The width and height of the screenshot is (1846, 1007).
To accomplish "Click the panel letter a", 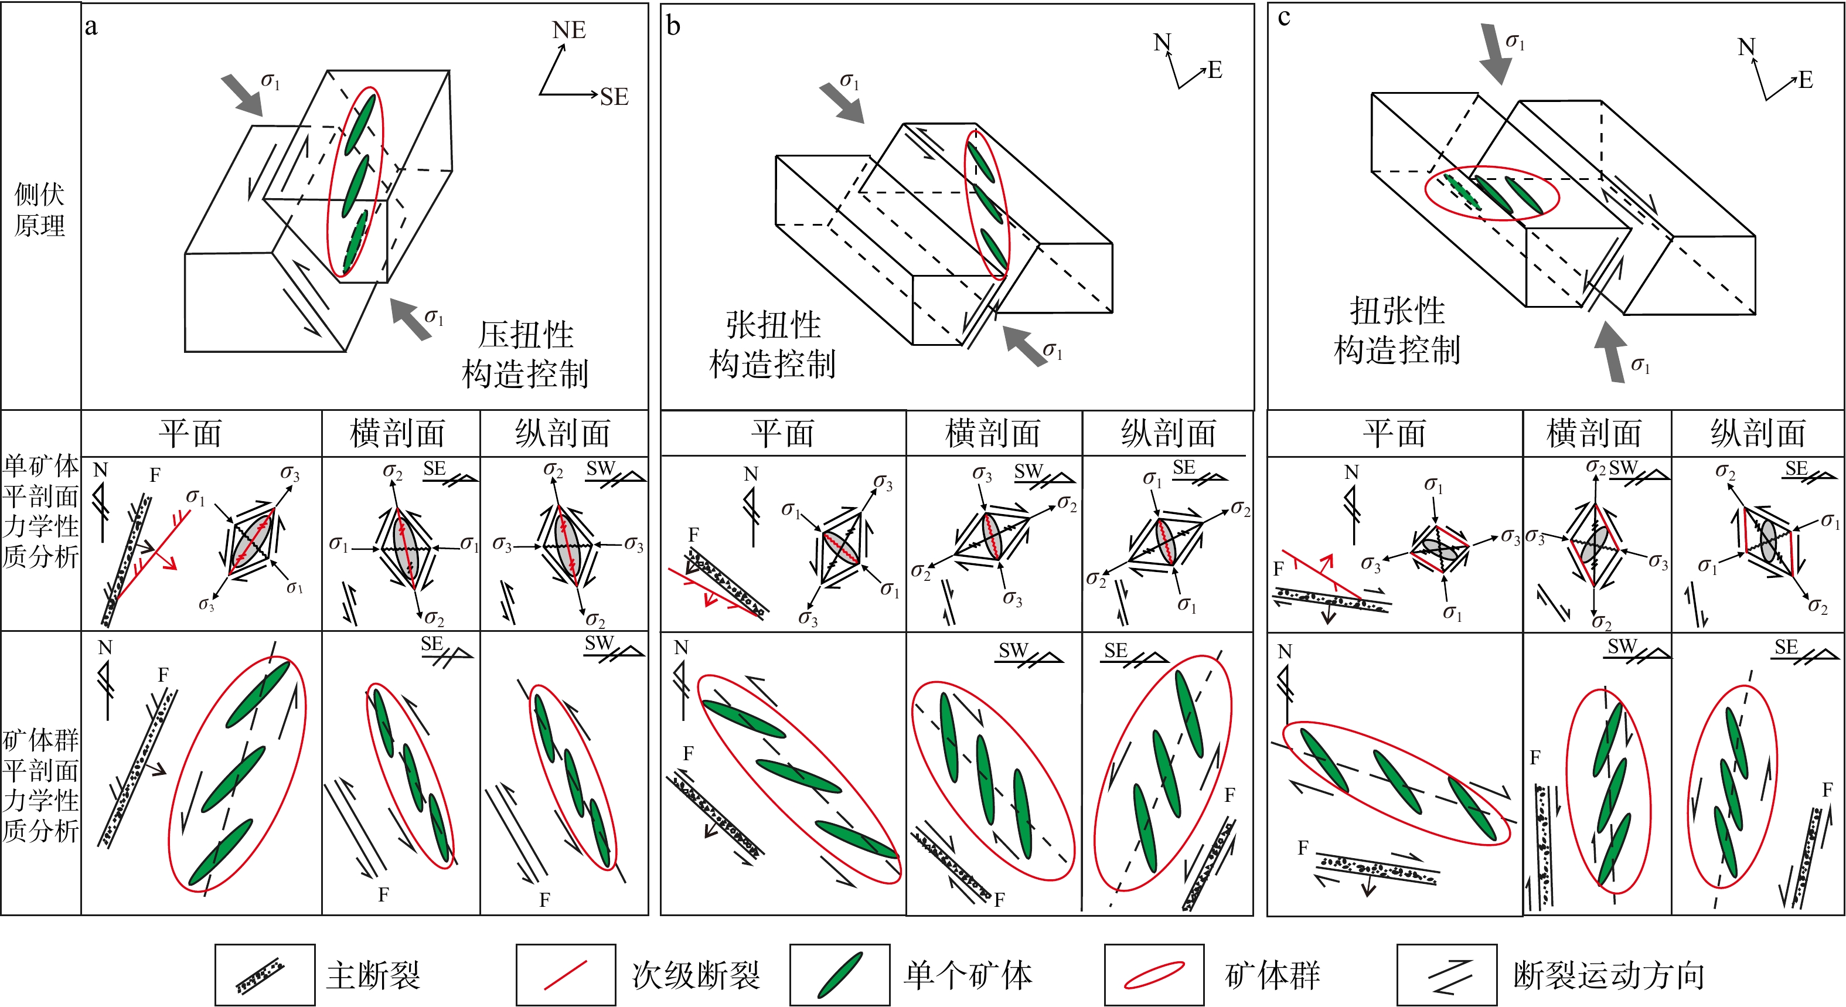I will click(x=91, y=26).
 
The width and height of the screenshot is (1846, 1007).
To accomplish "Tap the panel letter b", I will click(x=672, y=26).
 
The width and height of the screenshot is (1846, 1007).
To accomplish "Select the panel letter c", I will click(x=1283, y=17).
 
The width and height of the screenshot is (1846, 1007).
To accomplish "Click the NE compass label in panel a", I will click(x=569, y=30).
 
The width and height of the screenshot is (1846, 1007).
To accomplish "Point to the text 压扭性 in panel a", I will click(x=526, y=335).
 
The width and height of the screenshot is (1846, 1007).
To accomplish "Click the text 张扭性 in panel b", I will click(x=773, y=325).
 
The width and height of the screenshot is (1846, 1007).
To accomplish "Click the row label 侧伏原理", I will click(x=40, y=209).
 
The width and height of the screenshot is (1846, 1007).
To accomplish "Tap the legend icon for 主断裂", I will click(x=264, y=975).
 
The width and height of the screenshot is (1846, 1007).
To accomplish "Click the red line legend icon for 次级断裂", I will click(x=566, y=975).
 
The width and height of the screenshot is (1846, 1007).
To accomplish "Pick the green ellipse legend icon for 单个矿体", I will click(x=840, y=975).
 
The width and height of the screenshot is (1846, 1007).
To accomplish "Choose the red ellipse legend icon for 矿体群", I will click(x=1154, y=975).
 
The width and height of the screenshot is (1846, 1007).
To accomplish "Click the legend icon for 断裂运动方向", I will click(x=1447, y=975).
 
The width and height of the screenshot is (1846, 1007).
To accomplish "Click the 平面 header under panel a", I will click(x=190, y=434).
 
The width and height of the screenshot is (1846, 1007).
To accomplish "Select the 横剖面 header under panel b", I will click(x=993, y=434).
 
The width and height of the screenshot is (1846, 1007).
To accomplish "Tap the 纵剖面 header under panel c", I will click(x=1758, y=434).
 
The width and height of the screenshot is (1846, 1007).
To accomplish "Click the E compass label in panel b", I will click(x=1215, y=70).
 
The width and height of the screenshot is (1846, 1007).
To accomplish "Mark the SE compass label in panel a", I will click(x=614, y=97).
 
